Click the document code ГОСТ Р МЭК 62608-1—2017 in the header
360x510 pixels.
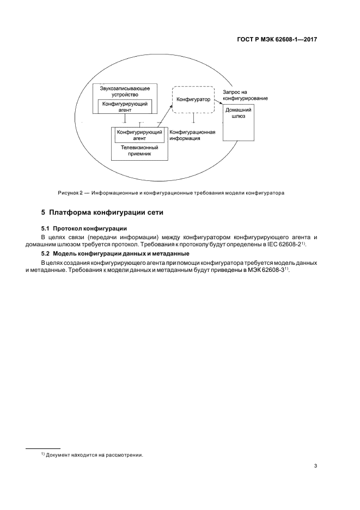click(278, 40)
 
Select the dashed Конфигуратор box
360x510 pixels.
click(193, 99)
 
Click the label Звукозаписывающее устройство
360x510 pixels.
click(125, 90)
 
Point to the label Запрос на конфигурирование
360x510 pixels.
click(245, 94)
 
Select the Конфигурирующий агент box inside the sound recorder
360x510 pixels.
click(125, 106)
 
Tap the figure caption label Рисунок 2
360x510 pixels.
click(72, 192)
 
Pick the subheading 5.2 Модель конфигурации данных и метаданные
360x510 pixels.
click(115, 253)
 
